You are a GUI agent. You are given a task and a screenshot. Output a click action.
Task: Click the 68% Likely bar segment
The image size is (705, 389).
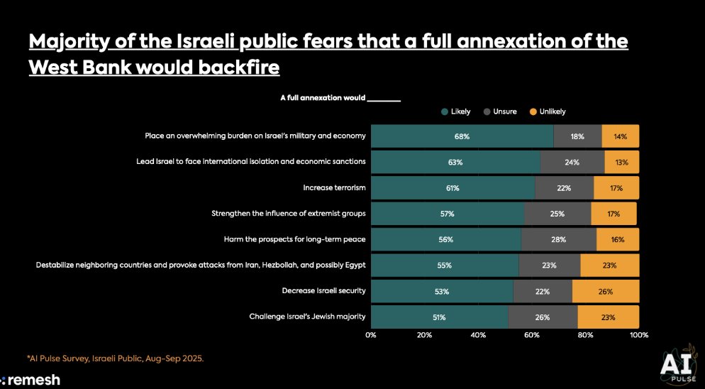462,136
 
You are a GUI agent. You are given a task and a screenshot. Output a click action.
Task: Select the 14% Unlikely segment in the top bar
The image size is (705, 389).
620,136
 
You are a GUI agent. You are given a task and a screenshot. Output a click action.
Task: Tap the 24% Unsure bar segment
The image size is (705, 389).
572,162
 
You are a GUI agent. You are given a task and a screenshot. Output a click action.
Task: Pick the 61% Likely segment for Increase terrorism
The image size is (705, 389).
453,187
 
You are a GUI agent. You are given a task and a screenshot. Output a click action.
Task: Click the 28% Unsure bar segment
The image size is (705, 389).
558,239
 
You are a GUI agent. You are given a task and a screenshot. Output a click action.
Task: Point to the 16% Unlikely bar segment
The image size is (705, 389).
617,239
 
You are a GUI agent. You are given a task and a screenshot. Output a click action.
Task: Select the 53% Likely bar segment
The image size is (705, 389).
441,291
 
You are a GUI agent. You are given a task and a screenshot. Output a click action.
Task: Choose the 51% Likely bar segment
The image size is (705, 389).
438,317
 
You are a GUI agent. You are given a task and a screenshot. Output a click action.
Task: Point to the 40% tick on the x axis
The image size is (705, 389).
478,334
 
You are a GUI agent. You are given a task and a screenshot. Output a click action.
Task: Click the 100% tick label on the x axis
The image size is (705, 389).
638,334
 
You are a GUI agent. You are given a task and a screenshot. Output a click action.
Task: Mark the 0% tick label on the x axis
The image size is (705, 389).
371,334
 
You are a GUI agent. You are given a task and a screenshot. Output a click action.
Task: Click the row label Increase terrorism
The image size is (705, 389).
334,187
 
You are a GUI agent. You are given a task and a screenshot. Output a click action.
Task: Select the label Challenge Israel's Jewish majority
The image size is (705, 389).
307,317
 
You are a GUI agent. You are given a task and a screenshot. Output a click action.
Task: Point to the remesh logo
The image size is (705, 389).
30,380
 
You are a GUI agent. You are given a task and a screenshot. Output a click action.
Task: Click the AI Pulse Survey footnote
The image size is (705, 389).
116,358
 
